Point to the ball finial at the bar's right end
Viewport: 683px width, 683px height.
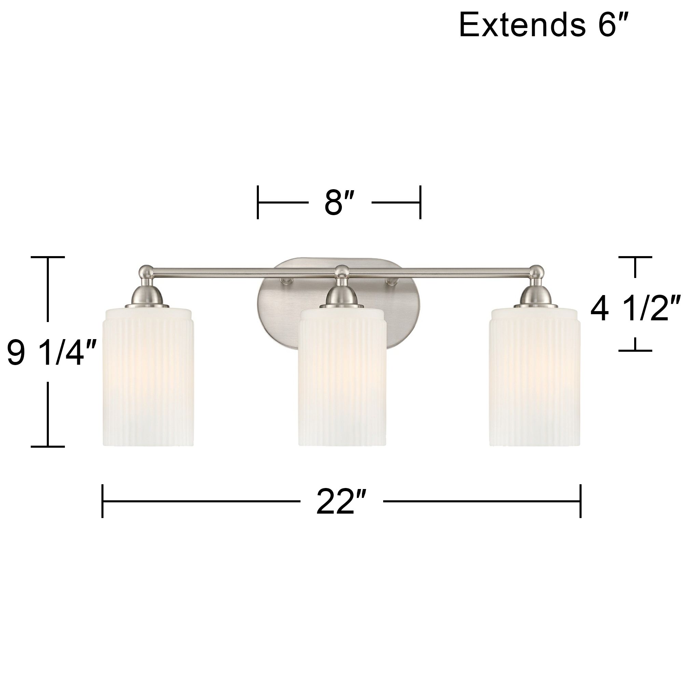click(536, 271)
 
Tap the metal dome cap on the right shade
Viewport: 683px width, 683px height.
click(535, 295)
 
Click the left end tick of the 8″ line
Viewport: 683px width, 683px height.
click(258, 203)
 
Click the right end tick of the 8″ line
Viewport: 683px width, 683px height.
click(420, 203)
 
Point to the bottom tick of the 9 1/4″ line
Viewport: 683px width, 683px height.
click(48, 446)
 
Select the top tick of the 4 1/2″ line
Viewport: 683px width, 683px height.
click(635, 257)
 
